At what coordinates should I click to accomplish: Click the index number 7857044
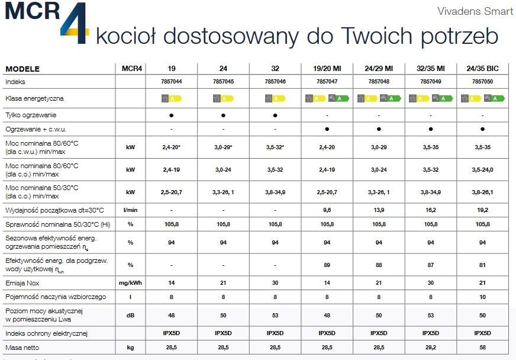point(171,81)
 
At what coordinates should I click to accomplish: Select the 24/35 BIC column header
point(482,69)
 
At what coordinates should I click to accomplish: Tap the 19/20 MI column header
point(327,69)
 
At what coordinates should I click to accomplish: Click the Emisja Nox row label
point(23,283)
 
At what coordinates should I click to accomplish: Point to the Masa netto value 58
point(482,348)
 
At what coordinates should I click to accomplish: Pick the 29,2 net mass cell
point(430,348)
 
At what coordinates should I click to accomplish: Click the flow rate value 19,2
point(482,210)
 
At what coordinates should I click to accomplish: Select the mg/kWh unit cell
point(130,283)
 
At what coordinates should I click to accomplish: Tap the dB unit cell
point(130,315)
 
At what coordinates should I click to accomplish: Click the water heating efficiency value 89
point(327,264)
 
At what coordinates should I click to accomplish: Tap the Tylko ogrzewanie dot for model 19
point(171,114)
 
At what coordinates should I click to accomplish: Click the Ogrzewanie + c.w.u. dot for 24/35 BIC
point(482,128)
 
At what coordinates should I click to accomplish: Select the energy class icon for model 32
point(275,98)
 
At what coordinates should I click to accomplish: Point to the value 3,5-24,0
point(482,169)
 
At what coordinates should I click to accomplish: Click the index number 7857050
point(482,81)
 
